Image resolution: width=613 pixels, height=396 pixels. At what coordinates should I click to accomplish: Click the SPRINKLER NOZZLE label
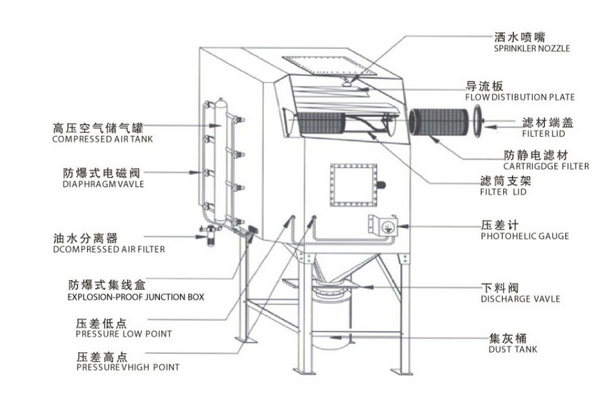tap(532, 48)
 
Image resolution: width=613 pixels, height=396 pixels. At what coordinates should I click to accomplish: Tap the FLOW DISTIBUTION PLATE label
tap(520, 97)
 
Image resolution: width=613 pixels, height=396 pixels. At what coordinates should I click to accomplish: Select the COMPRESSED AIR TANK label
tap(102, 139)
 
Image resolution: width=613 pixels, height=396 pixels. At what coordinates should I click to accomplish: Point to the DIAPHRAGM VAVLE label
tap(103, 184)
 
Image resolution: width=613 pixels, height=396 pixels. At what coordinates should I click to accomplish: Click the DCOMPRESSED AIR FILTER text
tap(109, 249)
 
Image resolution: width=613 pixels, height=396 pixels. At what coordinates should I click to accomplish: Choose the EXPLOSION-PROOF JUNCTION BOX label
tap(136, 297)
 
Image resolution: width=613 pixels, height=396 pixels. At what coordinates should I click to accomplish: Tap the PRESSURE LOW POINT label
tap(124, 334)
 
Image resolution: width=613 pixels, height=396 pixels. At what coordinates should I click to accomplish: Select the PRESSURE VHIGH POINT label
tap(128, 367)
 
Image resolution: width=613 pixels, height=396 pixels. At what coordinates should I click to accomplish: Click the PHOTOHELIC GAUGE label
tap(525, 236)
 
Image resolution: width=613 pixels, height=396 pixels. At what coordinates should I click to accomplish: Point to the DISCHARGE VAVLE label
tap(520, 299)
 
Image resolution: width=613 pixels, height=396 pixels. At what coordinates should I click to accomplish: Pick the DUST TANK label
tap(513, 349)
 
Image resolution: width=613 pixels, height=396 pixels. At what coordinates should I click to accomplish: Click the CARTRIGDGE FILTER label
tap(546, 167)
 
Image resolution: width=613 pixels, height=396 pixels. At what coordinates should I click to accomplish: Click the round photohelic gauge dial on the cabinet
tap(388, 227)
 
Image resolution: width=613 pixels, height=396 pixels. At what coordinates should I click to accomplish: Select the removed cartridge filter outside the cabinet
tap(438, 122)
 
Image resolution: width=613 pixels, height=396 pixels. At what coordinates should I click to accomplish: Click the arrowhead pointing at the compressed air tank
tap(215, 125)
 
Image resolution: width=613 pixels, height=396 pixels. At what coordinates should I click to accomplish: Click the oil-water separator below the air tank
tap(211, 235)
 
